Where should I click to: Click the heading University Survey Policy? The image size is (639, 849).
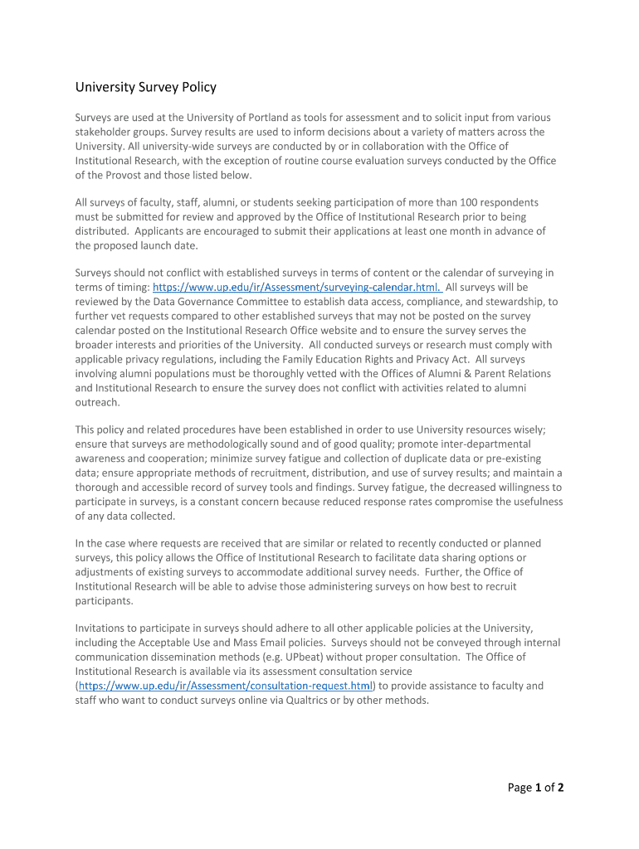click(146, 87)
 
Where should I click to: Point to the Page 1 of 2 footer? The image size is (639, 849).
click(536, 788)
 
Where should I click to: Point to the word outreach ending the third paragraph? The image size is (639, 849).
click(98, 402)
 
